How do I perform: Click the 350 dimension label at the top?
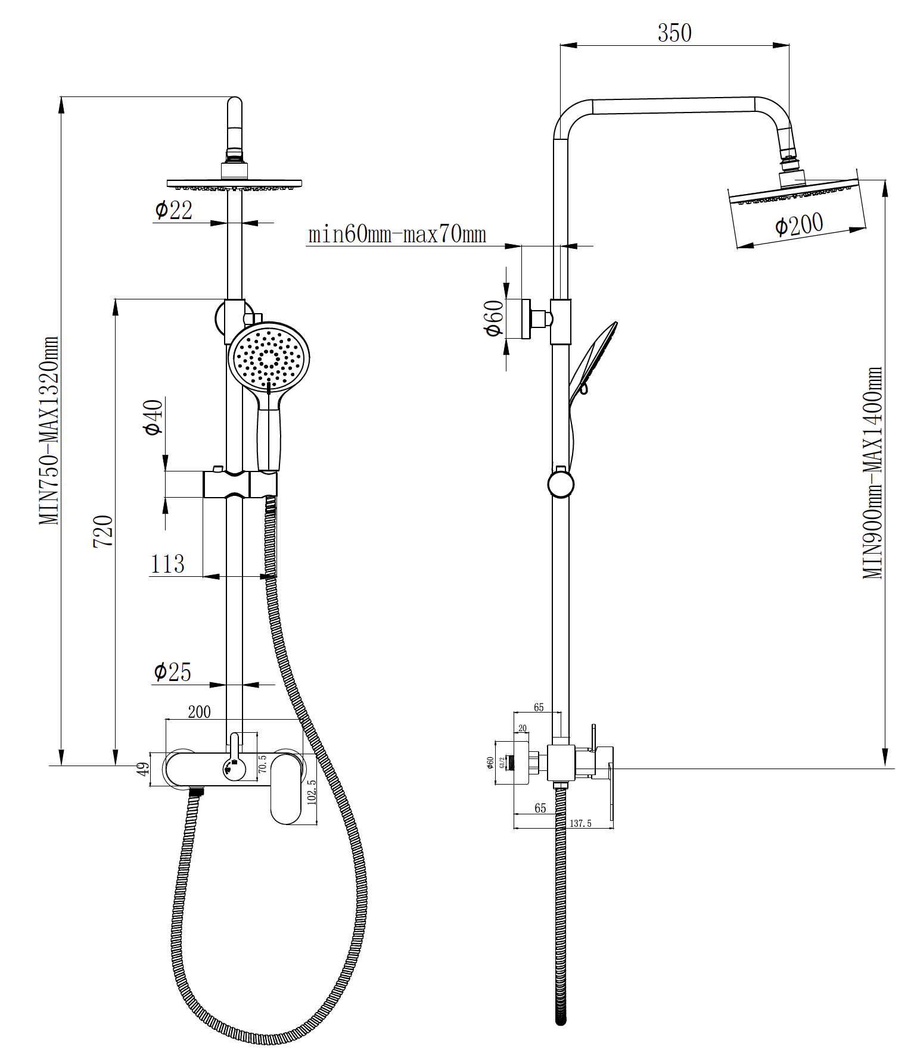tap(674, 33)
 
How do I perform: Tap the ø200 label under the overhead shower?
tap(799, 225)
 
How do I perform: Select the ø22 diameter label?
tap(173, 210)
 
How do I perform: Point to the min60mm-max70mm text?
tap(397, 234)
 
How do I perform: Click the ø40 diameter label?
tap(153, 417)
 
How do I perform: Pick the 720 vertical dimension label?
tap(102, 532)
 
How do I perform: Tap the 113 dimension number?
tap(167, 564)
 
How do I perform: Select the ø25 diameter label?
tap(172, 672)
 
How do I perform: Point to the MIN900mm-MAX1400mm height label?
tap(872, 473)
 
